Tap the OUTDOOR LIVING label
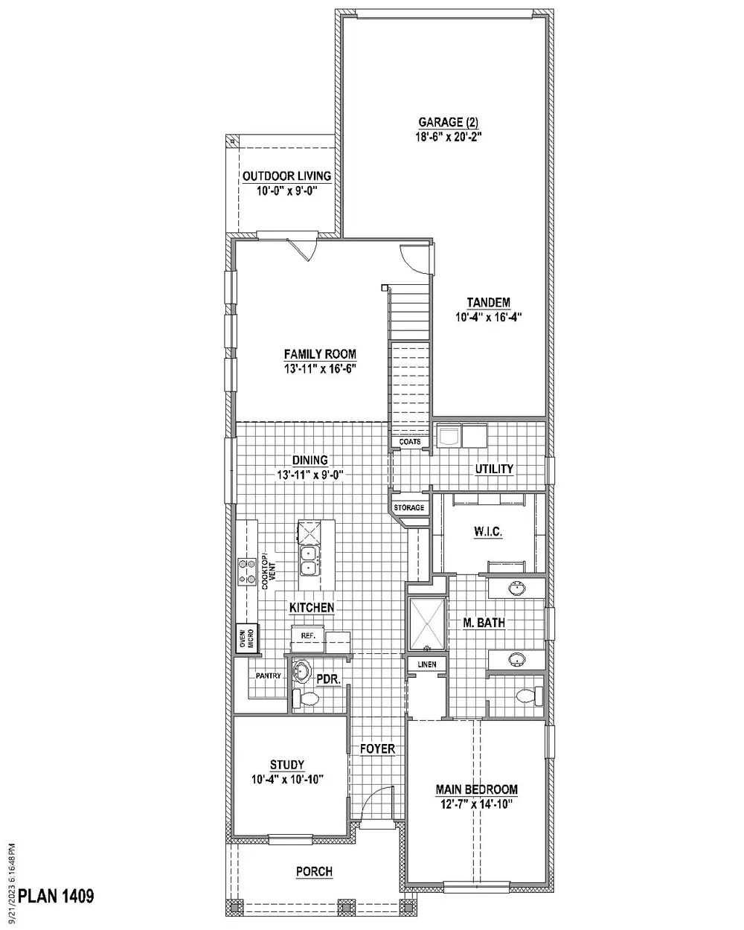click(286, 176)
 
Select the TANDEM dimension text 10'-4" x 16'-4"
click(488, 316)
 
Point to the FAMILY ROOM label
click(320, 354)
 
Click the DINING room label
click(310, 461)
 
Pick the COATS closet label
click(410, 442)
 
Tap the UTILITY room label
click(494, 469)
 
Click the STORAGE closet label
click(409, 508)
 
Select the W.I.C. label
click(488, 532)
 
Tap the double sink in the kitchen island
click(310, 559)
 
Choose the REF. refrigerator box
click(308, 635)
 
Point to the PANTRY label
click(268, 676)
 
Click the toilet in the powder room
click(307, 699)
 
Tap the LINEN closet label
click(426, 664)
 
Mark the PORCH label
click(314, 871)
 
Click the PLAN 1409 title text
click(56, 896)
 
